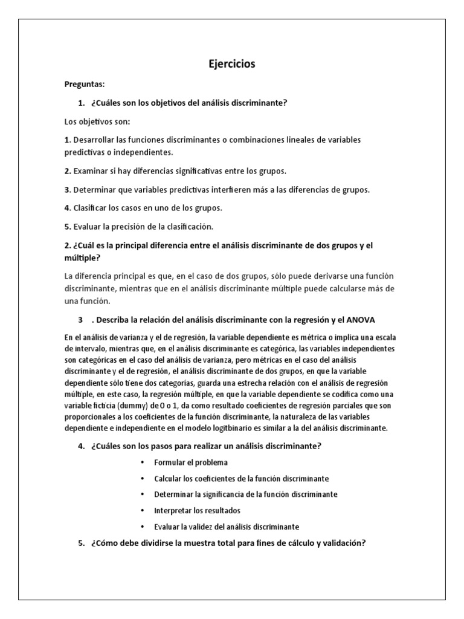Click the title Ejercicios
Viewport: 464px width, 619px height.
coord(232,64)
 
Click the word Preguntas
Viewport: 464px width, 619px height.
coord(84,85)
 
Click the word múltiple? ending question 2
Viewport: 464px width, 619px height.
coord(82,257)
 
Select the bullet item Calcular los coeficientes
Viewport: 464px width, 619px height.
coord(242,478)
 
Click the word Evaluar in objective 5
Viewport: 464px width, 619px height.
coord(86,227)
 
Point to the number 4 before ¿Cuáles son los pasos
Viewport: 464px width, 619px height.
coord(81,446)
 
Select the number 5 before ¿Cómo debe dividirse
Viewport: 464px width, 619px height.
coord(81,543)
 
